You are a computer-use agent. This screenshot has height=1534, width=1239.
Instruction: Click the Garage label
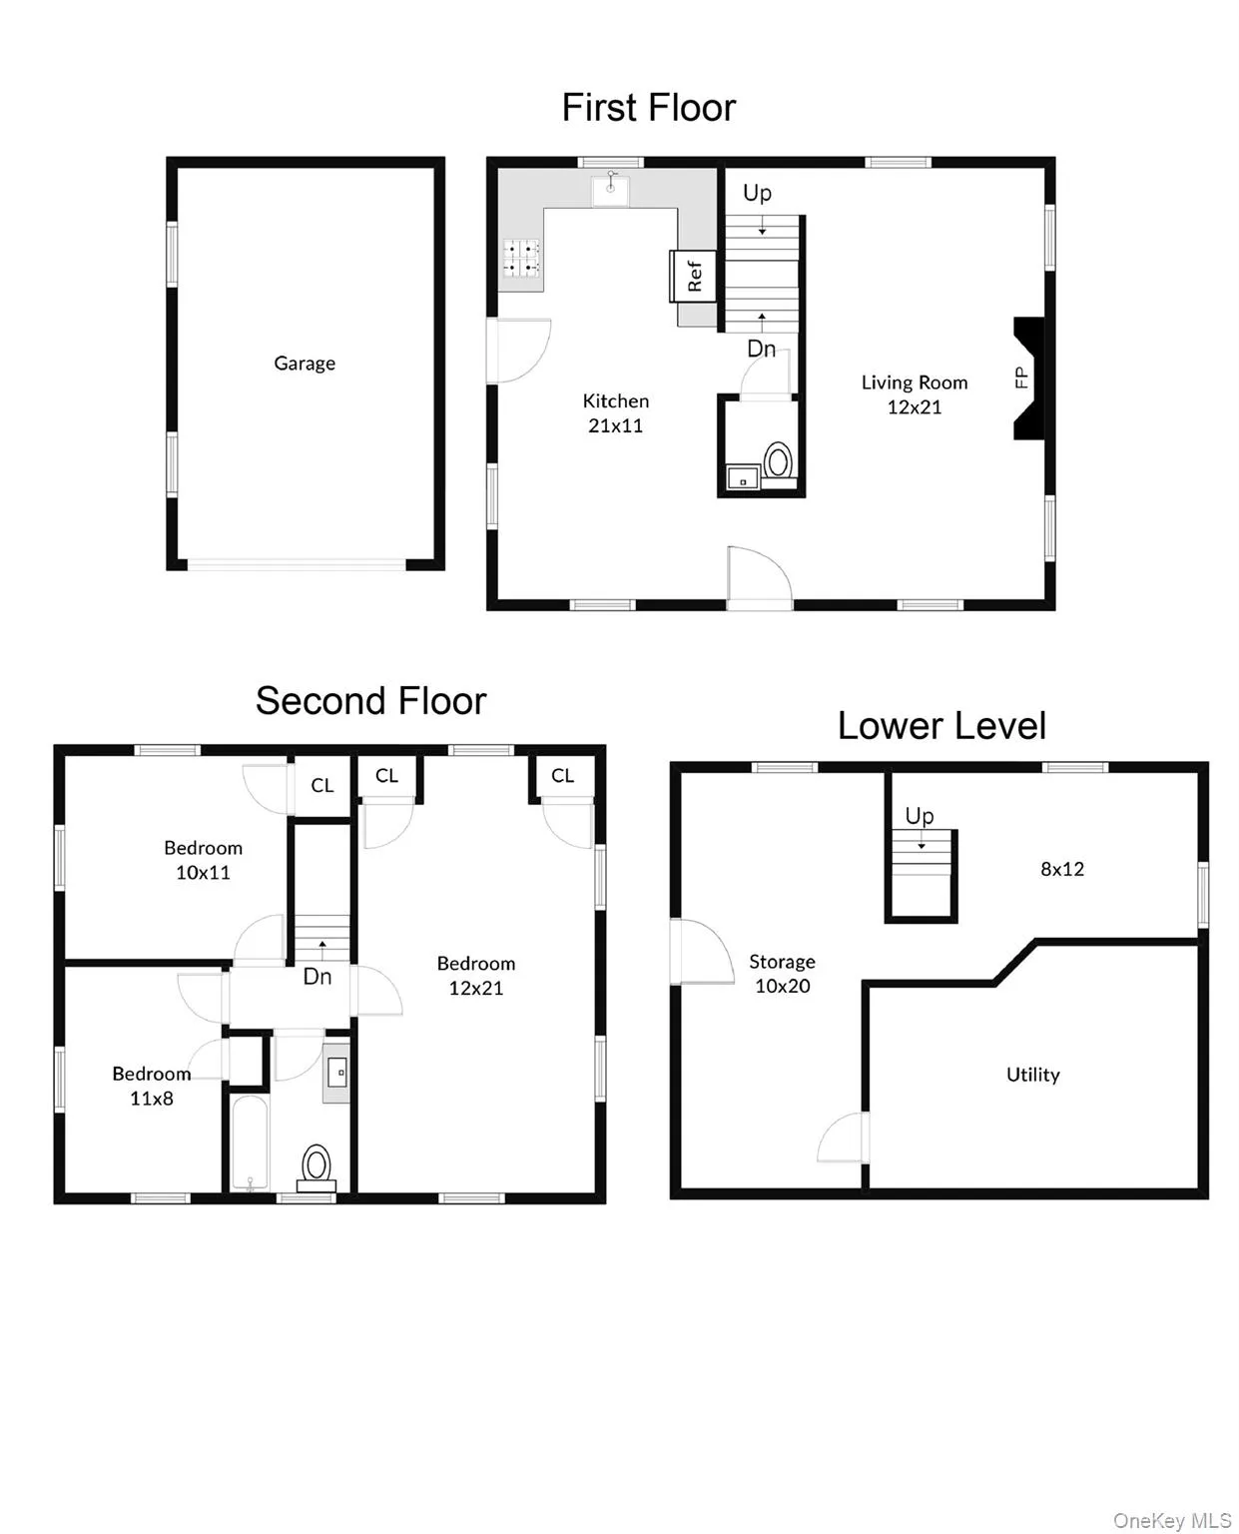click(305, 364)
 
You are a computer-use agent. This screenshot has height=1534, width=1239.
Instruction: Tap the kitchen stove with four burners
click(521, 258)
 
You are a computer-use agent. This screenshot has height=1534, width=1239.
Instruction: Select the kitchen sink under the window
click(610, 189)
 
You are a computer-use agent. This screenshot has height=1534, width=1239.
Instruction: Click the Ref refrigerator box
click(693, 276)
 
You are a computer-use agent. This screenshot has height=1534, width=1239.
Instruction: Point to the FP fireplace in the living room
click(1026, 378)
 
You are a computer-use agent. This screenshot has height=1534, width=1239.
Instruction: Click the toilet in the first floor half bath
click(778, 462)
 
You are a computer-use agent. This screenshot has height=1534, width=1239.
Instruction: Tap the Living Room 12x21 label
click(915, 394)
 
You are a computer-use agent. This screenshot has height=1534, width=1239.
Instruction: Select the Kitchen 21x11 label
click(616, 412)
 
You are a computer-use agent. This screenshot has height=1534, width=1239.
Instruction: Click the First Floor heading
click(648, 108)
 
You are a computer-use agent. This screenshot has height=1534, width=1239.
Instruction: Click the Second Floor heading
click(370, 701)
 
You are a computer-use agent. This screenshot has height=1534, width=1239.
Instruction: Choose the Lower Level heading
click(941, 726)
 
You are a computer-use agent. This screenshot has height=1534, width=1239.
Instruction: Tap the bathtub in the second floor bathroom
click(249, 1142)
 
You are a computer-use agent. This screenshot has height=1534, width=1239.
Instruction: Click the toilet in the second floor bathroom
click(316, 1164)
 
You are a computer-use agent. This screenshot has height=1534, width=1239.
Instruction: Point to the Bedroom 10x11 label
click(204, 860)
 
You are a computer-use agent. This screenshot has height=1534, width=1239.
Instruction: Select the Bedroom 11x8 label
click(152, 1086)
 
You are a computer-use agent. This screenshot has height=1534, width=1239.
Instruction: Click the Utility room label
click(1032, 1075)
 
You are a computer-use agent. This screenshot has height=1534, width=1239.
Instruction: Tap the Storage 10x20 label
click(783, 974)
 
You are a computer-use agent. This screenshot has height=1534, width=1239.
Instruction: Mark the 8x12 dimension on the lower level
click(1062, 869)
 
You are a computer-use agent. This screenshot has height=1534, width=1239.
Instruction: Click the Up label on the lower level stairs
click(920, 816)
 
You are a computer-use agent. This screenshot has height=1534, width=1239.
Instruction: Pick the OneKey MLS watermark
click(1171, 1520)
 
